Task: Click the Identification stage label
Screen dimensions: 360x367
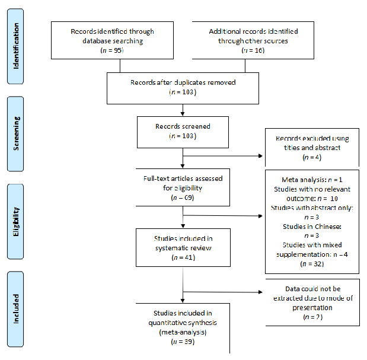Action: [x=17, y=46]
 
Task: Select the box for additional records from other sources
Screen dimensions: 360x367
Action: [x=253, y=41]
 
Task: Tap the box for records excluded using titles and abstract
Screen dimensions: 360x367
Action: [x=312, y=148]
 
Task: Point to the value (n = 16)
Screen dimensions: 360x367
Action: [x=253, y=51]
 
